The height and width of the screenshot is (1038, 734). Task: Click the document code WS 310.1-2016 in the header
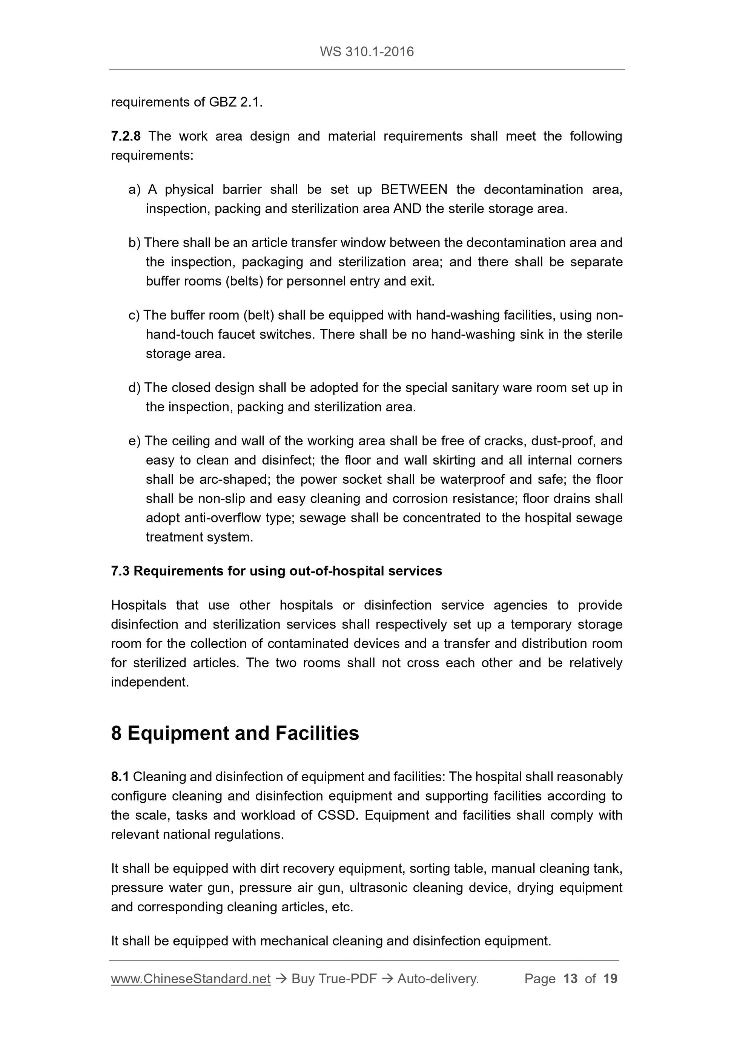[x=366, y=52]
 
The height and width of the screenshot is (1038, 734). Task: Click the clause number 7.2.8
[x=126, y=136]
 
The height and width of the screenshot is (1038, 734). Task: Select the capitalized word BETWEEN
[x=414, y=189]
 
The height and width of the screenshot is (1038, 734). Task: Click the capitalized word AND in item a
[x=407, y=209]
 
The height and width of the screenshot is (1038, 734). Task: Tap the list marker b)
[x=134, y=243]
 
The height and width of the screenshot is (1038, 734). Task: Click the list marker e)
[x=134, y=441]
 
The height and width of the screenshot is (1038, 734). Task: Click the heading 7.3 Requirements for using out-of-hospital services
[x=276, y=571]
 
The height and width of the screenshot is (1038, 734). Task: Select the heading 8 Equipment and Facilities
[x=235, y=733]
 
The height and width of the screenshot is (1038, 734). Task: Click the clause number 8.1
[x=120, y=777]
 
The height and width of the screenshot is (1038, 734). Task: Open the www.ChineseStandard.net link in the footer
[x=190, y=979]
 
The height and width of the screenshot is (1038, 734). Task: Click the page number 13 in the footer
[x=570, y=979]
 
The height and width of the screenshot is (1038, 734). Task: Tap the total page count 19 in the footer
[x=610, y=979]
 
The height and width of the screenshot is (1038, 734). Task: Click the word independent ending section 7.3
[x=149, y=682]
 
